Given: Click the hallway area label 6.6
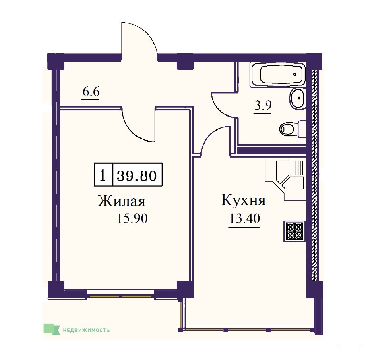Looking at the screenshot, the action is [91, 92].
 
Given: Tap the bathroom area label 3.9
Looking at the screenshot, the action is [263, 106].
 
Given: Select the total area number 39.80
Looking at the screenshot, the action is [137, 176].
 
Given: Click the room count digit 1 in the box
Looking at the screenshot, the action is [103, 176].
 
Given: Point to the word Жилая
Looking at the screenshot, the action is [121, 201].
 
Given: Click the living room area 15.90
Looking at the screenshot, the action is [132, 218].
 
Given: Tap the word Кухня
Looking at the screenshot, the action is [244, 200].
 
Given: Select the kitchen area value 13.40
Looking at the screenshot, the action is [245, 218].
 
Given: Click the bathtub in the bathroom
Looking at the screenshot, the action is [278, 75].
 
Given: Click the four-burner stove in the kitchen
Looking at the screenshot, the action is [294, 231].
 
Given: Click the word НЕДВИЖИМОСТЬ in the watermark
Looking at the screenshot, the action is [86, 330].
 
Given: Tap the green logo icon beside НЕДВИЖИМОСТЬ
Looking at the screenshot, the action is [52, 329].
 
